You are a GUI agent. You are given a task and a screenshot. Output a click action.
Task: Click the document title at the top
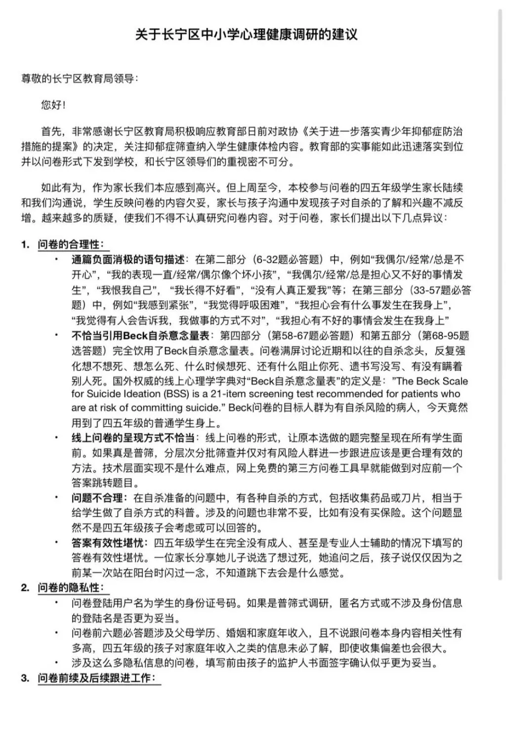(x=246, y=35)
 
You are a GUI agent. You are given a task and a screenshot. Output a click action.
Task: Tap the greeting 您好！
(x=53, y=105)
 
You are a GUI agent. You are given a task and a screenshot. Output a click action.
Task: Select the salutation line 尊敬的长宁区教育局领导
(x=79, y=79)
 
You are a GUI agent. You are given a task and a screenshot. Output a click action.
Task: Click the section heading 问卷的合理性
(x=71, y=245)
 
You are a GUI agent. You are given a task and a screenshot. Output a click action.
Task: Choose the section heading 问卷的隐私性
(x=71, y=588)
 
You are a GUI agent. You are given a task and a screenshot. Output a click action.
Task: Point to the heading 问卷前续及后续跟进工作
(x=96, y=678)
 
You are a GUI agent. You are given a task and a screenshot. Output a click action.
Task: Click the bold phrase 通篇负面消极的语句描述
(x=128, y=260)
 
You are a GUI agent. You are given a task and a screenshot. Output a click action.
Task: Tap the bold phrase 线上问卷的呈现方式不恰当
(x=133, y=438)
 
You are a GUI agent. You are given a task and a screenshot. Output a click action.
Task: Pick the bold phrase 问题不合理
(x=97, y=498)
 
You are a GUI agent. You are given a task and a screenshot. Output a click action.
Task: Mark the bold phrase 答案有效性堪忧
(x=107, y=543)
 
